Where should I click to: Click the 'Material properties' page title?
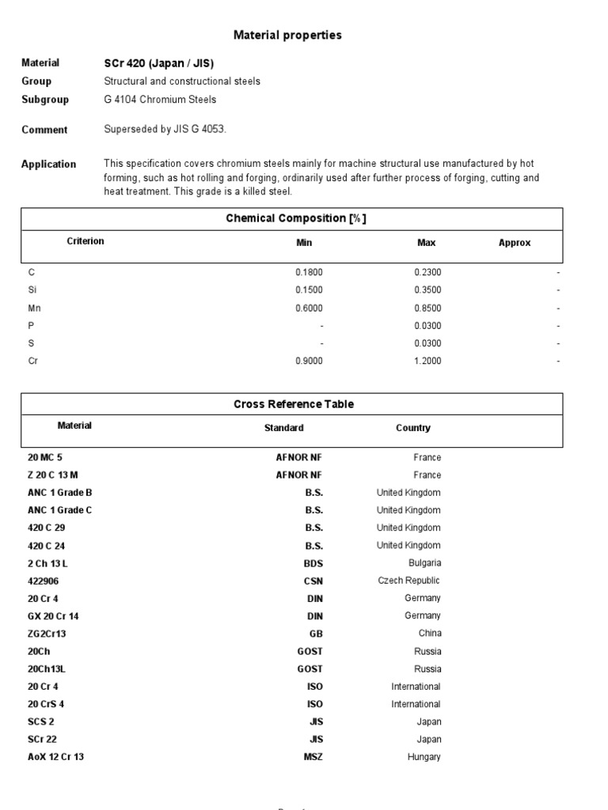[287, 35]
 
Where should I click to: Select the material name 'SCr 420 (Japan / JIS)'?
[158, 62]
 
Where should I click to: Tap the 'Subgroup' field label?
[45, 100]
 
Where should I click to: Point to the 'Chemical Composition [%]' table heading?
[292, 218]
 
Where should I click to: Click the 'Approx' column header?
[515, 243]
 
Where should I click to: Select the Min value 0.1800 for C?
[309, 272]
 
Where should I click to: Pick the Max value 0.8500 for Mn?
[427, 308]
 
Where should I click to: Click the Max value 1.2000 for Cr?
[427, 361]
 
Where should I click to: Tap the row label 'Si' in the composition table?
[32, 290]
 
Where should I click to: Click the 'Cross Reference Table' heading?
[294, 404]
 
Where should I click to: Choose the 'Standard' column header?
[283, 428]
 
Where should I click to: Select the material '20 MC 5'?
[44, 457]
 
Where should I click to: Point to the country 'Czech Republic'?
[409, 581]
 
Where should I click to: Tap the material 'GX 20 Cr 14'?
[55, 615]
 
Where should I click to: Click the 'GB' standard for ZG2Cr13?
[316, 633]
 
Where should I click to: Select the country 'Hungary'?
[424, 757]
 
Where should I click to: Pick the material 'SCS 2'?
[41, 721]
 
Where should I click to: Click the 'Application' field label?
[49, 165]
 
